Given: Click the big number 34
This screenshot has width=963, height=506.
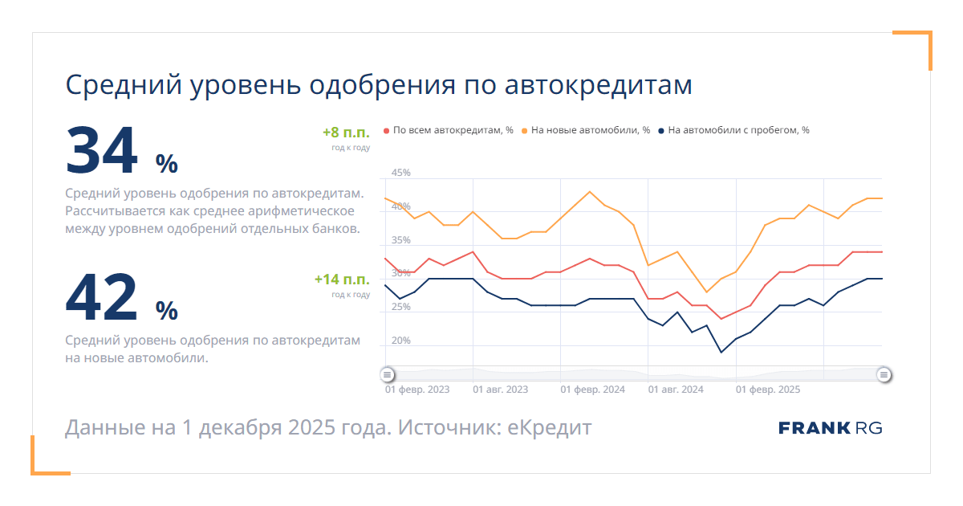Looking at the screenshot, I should (x=102, y=151).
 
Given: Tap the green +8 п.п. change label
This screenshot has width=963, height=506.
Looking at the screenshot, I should (x=346, y=133).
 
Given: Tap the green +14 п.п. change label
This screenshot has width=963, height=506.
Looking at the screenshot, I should (x=342, y=280).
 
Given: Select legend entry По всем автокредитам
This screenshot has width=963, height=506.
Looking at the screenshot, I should (x=449, y=130).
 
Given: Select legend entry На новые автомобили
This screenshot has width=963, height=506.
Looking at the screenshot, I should (x=586, y=130).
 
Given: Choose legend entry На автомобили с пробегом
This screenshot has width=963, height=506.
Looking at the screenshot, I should (x=733, y=130).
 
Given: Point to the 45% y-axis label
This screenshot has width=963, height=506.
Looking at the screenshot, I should (x=400, y=173).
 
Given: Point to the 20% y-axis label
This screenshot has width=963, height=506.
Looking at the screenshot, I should (x=400, y=341).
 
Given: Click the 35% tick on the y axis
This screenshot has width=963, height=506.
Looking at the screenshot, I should (x=400, y=240).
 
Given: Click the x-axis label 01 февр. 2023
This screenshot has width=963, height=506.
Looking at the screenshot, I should (x=417, y=390).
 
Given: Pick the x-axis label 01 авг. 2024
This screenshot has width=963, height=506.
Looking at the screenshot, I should (x=675, y=390).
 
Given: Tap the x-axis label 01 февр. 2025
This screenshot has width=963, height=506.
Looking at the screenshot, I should (x=768, y=390).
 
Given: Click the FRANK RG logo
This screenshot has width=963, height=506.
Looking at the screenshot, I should (x=831, y=428).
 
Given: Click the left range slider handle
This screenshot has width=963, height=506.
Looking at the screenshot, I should (x=388, y=374).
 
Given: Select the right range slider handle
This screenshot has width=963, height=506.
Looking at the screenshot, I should (x=884, y=374).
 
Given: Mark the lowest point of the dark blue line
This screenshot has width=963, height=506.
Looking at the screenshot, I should (x=721, y=352).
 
